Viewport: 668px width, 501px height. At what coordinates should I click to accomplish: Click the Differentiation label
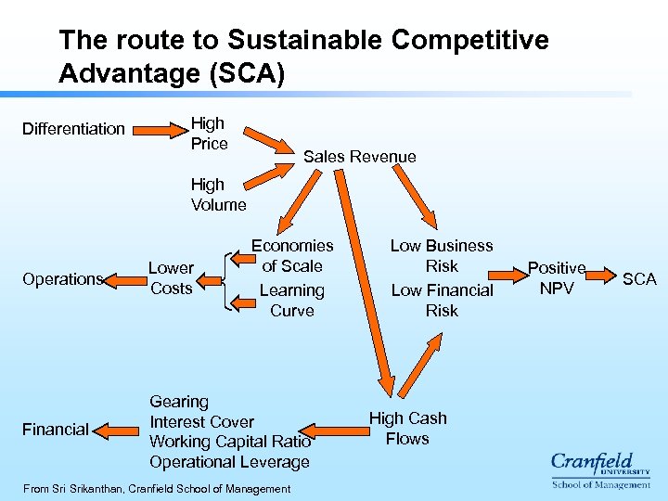[73, 128]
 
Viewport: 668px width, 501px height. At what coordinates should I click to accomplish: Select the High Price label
[209, 133]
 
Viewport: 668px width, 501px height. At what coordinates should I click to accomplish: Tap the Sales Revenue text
[360, 157]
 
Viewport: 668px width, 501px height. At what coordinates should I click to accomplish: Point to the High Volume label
[218, 195]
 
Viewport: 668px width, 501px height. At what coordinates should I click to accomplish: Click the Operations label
[61, 279]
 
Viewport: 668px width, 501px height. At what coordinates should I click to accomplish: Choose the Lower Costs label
[171, 278]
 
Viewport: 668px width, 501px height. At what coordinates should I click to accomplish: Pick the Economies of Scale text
[292, 255]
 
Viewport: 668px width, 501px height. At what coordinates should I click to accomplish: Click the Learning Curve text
[292, 301]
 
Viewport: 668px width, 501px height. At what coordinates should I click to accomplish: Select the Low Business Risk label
[442, 255]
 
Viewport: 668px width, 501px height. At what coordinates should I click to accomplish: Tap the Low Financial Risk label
[442, 301]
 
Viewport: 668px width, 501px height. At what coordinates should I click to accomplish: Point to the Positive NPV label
[557, 278]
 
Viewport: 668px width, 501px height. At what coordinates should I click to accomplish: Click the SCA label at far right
[639, 278]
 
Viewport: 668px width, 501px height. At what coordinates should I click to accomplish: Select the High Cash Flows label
[407, 429]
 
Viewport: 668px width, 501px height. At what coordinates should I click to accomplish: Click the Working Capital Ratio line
[230, 442]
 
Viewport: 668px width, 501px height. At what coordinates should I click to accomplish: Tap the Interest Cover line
[201, 422]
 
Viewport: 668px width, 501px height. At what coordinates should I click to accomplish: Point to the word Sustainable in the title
[292, 41]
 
